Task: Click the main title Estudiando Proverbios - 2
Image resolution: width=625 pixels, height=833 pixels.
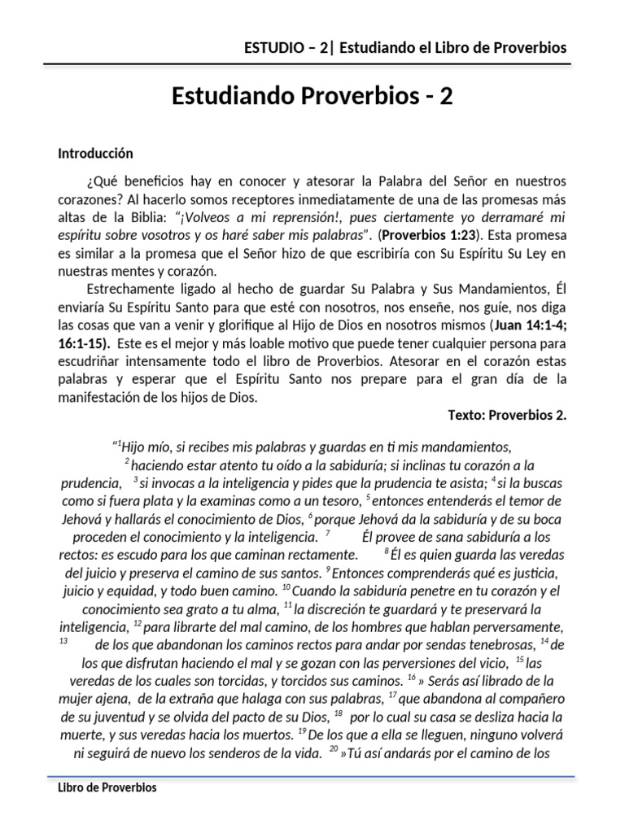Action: pyautogui.click(x=312, y=96)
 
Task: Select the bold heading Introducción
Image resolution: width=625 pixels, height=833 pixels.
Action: pyautogui.click(x=95, y=153)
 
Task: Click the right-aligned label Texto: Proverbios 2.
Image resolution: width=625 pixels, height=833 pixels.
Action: pyautogui.click(x=506, y=415)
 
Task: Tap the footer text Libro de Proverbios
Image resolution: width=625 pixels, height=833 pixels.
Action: pyautogui.click(x=107, y=787)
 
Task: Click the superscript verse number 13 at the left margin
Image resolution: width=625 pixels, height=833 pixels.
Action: pyautogui.click(x=63, y=642)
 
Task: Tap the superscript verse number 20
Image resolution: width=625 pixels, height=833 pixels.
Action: pyautogui.click(x=334, y=749)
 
